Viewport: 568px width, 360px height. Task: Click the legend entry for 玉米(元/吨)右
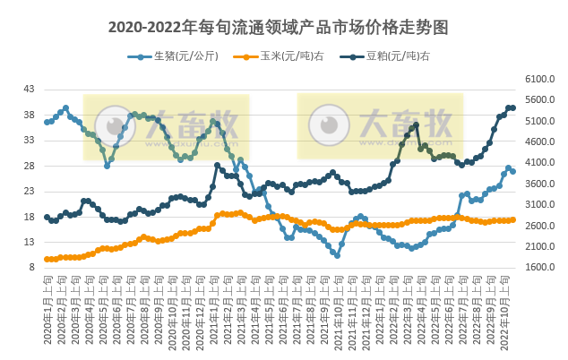(272, 56)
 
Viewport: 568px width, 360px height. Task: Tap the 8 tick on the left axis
(31, 267)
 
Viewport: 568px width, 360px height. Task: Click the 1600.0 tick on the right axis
(538, 267)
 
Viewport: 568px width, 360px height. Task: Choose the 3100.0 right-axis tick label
(538, 205)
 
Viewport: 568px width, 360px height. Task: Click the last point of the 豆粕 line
(512, 107)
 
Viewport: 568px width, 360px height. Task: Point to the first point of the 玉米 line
(47, 259)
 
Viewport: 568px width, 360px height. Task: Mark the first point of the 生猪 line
(47, 122)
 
